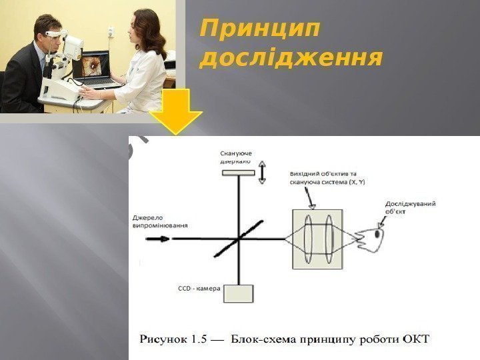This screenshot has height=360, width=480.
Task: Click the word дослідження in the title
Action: (x=291, y=59)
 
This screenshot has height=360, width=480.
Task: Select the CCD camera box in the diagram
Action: (x=239, y=293)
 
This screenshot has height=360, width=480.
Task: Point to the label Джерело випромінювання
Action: (x=160, y=221)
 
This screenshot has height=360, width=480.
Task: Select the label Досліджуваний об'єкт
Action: (x=410, y=207)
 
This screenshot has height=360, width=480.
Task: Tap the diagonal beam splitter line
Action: (x=238, y=238)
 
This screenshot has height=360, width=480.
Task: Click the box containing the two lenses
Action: (x=317, y=239)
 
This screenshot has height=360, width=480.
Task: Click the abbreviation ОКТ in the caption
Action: (x=417, y=339)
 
